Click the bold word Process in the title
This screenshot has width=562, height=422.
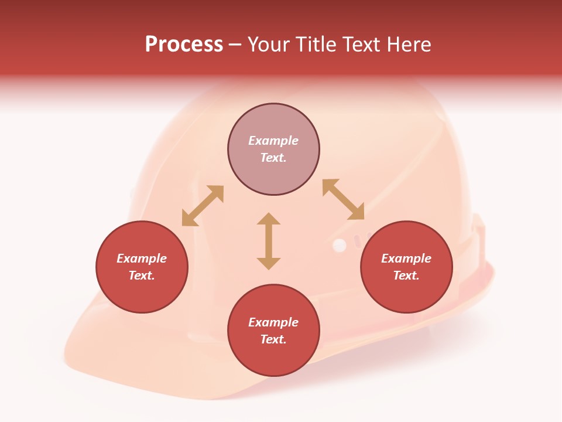[184, 45]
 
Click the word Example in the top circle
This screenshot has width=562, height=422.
[273, 141]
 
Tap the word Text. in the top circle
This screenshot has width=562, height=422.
[273, 158]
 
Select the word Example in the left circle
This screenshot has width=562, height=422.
[142, 258]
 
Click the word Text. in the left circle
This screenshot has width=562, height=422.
[142, 275]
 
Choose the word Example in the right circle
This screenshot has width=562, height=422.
[406, 258]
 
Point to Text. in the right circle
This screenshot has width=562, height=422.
[406, 275]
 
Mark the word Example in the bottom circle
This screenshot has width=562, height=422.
[273, 322]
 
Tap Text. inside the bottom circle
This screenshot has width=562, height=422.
[273, 339]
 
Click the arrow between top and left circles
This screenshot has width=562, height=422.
[203, 206]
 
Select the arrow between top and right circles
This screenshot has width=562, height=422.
[344, 200]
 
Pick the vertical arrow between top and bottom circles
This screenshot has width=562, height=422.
[269, 241]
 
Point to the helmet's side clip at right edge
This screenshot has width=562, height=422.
[479, 234]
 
